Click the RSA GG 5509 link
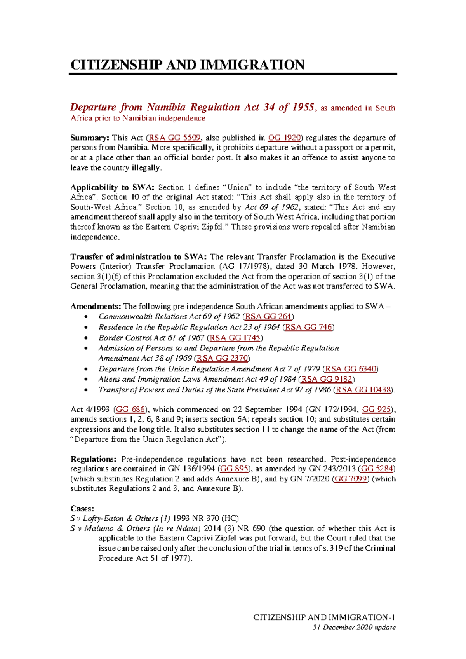coord(174,138)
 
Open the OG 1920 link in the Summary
coord(285,138)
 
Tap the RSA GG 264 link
coord(268,317)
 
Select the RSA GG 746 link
coord(309,327)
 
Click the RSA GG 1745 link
coord(235,338)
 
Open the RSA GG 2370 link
coord(222,358)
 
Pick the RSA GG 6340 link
coord(351,369)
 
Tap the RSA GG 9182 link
coord(327,379)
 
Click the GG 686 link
coord(130,410)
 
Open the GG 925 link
coord(376,410)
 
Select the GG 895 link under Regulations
coord(234,469)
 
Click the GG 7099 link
coord(351,479)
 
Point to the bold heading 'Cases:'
coord(82,509)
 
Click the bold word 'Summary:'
coord(90,138)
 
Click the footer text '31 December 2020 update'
coord(354,627)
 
